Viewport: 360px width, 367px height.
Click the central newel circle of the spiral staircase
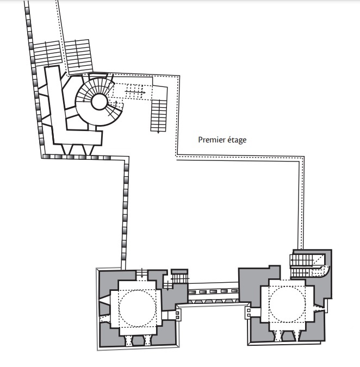[x=100, y=102]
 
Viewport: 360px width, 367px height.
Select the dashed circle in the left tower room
[x=137, y=308]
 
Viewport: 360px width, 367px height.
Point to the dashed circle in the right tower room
[x=287, y=304]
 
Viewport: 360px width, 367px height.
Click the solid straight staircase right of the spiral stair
[x=159, y=115]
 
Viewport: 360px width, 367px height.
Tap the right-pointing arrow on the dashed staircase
[x=135, y=92]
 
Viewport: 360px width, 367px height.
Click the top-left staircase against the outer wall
[x=48, y=53]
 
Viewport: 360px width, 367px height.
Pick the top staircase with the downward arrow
[x=78, y=55]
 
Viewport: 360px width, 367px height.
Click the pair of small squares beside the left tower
[x=177, y=315]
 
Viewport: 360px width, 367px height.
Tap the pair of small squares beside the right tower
[x=249, y=313]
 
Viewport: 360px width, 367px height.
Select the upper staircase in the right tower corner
[x=307, y=260]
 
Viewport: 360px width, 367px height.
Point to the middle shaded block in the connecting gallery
[x=213, y=291]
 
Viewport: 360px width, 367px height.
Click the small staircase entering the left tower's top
[x=141, y=275]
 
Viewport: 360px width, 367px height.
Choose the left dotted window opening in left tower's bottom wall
[x=128, y=340]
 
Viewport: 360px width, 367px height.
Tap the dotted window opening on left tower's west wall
[x=105, y=319]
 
